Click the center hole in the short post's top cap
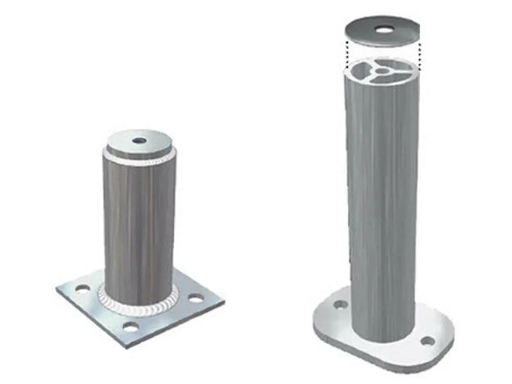(138, 140)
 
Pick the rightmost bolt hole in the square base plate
(197, 298)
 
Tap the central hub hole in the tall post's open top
(382, 71)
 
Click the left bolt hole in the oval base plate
(341, 304)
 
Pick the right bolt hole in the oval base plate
(426, 341)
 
